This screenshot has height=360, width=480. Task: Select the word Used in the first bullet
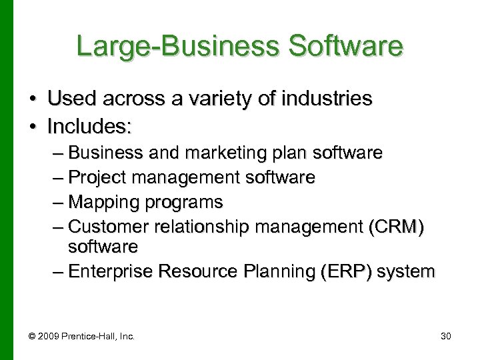pos(70,99)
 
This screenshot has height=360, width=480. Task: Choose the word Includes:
pos(87,125)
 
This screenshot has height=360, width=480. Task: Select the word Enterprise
pos(110,271)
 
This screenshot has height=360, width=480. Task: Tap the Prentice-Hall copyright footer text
pos(87,337)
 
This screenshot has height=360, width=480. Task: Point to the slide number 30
pos(445,337)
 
